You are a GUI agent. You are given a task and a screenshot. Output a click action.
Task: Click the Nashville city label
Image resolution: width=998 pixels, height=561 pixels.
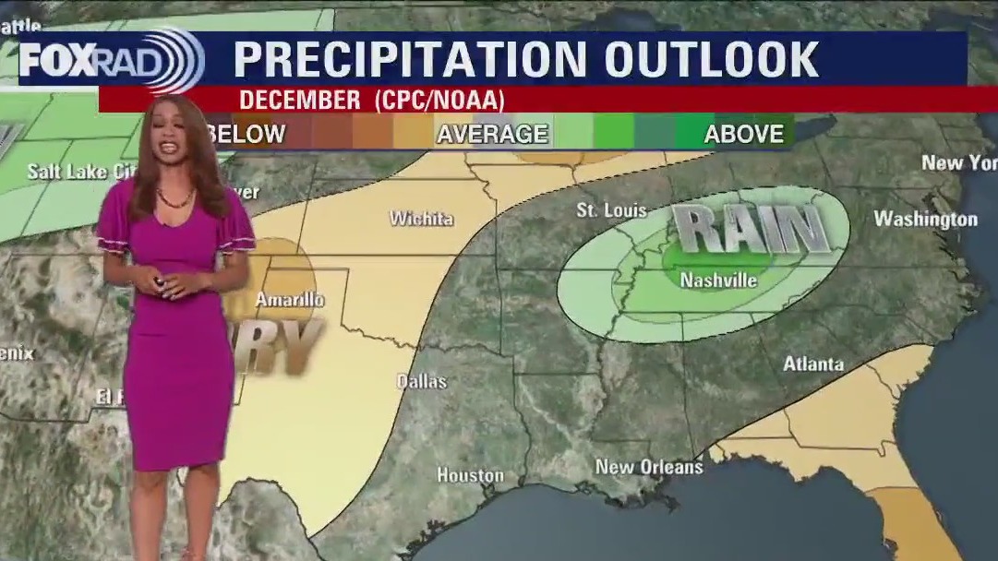coord(718,280)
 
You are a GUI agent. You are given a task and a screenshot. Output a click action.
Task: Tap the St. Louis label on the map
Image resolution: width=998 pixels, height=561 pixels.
coord(611,210)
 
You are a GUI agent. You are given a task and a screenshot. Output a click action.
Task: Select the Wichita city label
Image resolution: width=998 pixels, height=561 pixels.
coord(421,219)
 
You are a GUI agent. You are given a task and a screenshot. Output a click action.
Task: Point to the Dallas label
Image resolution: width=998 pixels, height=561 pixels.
coord(422,381)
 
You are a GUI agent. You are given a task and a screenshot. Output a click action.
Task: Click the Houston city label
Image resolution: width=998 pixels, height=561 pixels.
coord(470,475)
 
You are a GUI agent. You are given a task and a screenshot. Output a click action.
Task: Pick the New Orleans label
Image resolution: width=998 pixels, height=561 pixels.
coord(649,467)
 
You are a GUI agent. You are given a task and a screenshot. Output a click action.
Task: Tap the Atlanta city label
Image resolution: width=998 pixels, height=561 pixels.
coord(813,364)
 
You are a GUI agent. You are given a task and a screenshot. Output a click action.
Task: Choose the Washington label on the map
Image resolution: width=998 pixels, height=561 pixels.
coord(925,220)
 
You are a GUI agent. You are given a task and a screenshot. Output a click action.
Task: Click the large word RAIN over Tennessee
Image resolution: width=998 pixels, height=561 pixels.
coord(749,230)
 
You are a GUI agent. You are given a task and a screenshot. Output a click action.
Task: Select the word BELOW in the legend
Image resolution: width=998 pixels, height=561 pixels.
coord(246,134)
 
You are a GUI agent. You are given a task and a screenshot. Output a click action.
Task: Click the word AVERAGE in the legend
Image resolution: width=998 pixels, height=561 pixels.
coord(492,134)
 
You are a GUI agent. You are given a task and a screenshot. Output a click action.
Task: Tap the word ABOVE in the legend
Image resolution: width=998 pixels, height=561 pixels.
coord(743,134)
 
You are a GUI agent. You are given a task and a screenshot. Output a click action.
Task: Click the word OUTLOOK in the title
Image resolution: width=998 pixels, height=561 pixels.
coord(711,60)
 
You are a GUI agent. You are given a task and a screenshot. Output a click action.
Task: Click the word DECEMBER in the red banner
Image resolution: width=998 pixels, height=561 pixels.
coord(299,100)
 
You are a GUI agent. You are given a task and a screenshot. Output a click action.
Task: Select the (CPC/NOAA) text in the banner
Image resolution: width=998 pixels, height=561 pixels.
coord(439,100)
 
